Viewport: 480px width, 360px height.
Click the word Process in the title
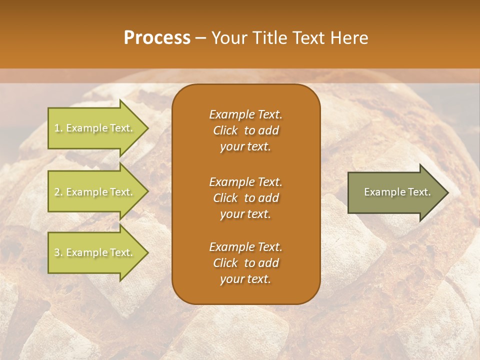157,38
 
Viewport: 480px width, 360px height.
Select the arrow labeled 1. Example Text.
95,128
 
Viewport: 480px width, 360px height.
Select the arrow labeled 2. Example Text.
95,192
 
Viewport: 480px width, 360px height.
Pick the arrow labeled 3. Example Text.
95,252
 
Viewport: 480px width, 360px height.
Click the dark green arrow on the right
395,192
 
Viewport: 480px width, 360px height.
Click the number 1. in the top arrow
58,128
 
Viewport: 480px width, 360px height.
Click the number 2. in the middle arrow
58,192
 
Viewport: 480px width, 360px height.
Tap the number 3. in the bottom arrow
58,252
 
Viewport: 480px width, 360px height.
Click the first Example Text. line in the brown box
245,114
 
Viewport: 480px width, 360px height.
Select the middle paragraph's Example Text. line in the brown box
245,181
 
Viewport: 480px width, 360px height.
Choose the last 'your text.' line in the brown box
245,279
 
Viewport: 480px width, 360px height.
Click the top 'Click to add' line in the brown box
245,130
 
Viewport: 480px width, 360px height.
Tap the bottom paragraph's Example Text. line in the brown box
245,247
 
